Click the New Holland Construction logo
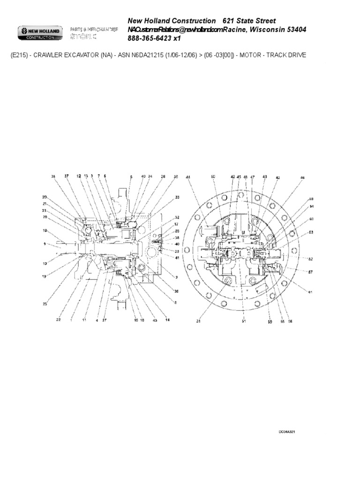click(39, 33)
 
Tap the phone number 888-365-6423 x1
click(154, 38)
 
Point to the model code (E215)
click(20, 55)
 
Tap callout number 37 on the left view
click(67, 176)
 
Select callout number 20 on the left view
click(45, 197)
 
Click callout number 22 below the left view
click(59, 320)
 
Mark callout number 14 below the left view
click(167, 320)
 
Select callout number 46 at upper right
click(302, 177)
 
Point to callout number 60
click(311, 219)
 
